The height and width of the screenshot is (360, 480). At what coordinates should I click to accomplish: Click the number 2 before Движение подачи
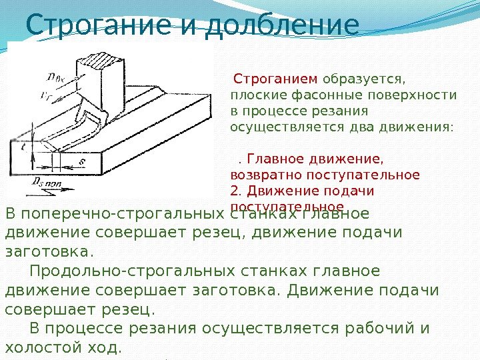(x=233, y=191)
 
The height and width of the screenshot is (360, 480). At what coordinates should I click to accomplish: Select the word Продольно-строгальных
(x=114, y=272)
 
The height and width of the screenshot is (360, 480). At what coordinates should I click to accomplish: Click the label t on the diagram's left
(x=22, y=149)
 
